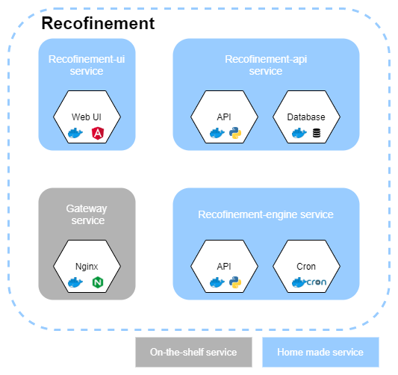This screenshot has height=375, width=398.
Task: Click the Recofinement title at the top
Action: [x=97, y=23]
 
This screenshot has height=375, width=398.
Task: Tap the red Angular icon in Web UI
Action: [x=97, y=133]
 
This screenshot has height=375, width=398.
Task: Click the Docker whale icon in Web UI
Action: [x=75, y=133]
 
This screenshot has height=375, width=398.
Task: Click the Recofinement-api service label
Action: [x=266, y=65]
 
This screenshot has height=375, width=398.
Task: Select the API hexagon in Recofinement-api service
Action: [x=225, y=120]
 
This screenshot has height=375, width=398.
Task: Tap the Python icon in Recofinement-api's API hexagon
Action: [x=236, y=133]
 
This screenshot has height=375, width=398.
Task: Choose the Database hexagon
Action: [x=306, y=120]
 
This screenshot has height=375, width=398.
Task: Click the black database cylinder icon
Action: [x=317, y=133]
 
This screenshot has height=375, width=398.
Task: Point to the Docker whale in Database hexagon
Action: [x=299, y=133]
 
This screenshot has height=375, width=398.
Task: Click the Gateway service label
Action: [x=87, y=214]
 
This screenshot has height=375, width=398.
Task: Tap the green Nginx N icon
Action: [x=97, y=282]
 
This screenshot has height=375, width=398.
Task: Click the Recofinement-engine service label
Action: [x=266, y=214]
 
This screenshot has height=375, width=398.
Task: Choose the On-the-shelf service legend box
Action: [x=193, y=352]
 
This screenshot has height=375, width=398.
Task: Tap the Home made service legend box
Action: [x=320, y=352]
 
